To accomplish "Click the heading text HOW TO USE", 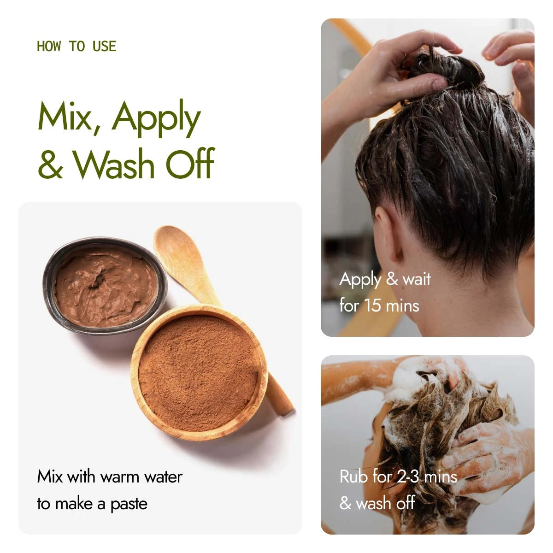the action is (76, 47).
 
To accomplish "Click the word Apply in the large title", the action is (156, 118).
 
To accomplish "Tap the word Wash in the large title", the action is (114, 164).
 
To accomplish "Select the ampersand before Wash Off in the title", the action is (50, 164).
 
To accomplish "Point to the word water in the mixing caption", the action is (163, 477).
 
